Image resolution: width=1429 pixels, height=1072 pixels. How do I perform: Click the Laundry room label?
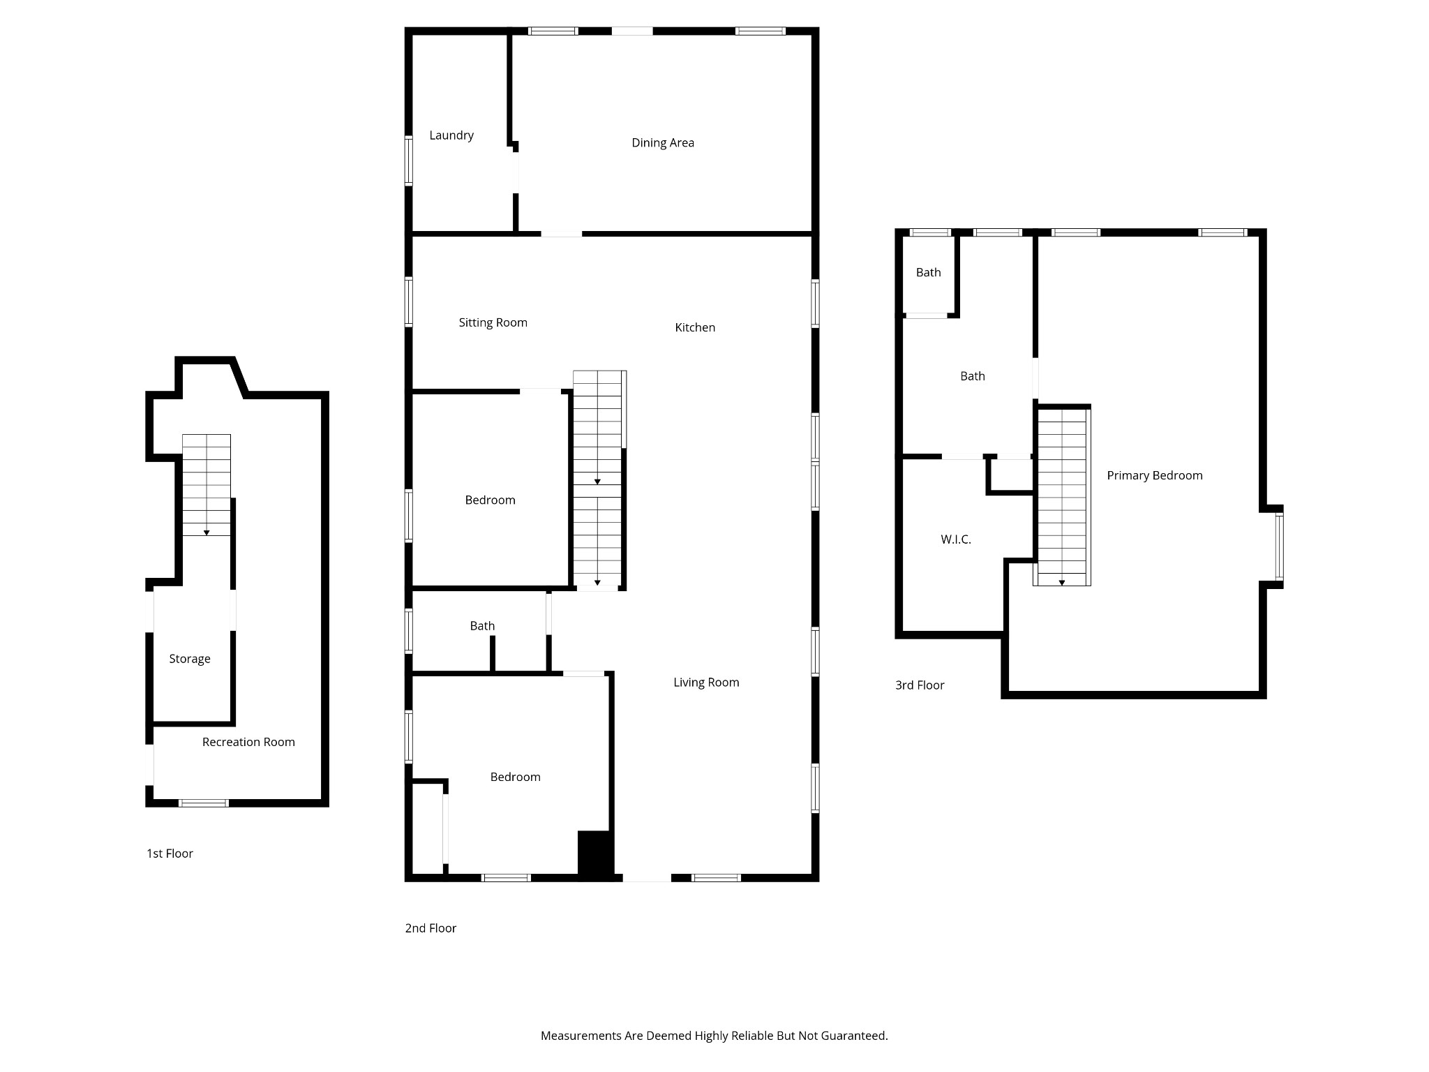(451, 136)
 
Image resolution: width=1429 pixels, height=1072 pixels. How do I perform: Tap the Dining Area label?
(663, 143)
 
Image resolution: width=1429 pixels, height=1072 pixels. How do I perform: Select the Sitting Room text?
(493, 322)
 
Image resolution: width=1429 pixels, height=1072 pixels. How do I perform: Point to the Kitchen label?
(695, 327)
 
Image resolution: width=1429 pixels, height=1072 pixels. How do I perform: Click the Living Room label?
(706, 683)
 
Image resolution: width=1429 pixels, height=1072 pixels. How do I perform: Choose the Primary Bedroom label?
(1155, 476)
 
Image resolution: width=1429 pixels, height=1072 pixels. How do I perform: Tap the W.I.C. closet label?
(956, 539)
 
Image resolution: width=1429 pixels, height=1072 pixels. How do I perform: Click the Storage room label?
(190, 659)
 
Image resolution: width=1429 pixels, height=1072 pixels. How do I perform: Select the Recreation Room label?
(248, 742)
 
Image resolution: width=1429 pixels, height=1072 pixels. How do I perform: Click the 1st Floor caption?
(170, 854)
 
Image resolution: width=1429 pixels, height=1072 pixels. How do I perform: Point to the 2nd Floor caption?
(431, 928)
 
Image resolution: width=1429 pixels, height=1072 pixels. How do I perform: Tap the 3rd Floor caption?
(920, 685)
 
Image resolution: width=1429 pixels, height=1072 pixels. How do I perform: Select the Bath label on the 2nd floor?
(482, 626)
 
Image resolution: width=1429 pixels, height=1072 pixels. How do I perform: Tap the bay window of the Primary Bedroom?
(1279, 547)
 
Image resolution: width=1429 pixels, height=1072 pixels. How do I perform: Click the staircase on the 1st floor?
(207, 485)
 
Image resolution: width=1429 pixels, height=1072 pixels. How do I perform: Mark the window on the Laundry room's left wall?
(409, 161)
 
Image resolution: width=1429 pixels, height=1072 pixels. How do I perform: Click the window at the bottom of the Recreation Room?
(203, 803)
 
